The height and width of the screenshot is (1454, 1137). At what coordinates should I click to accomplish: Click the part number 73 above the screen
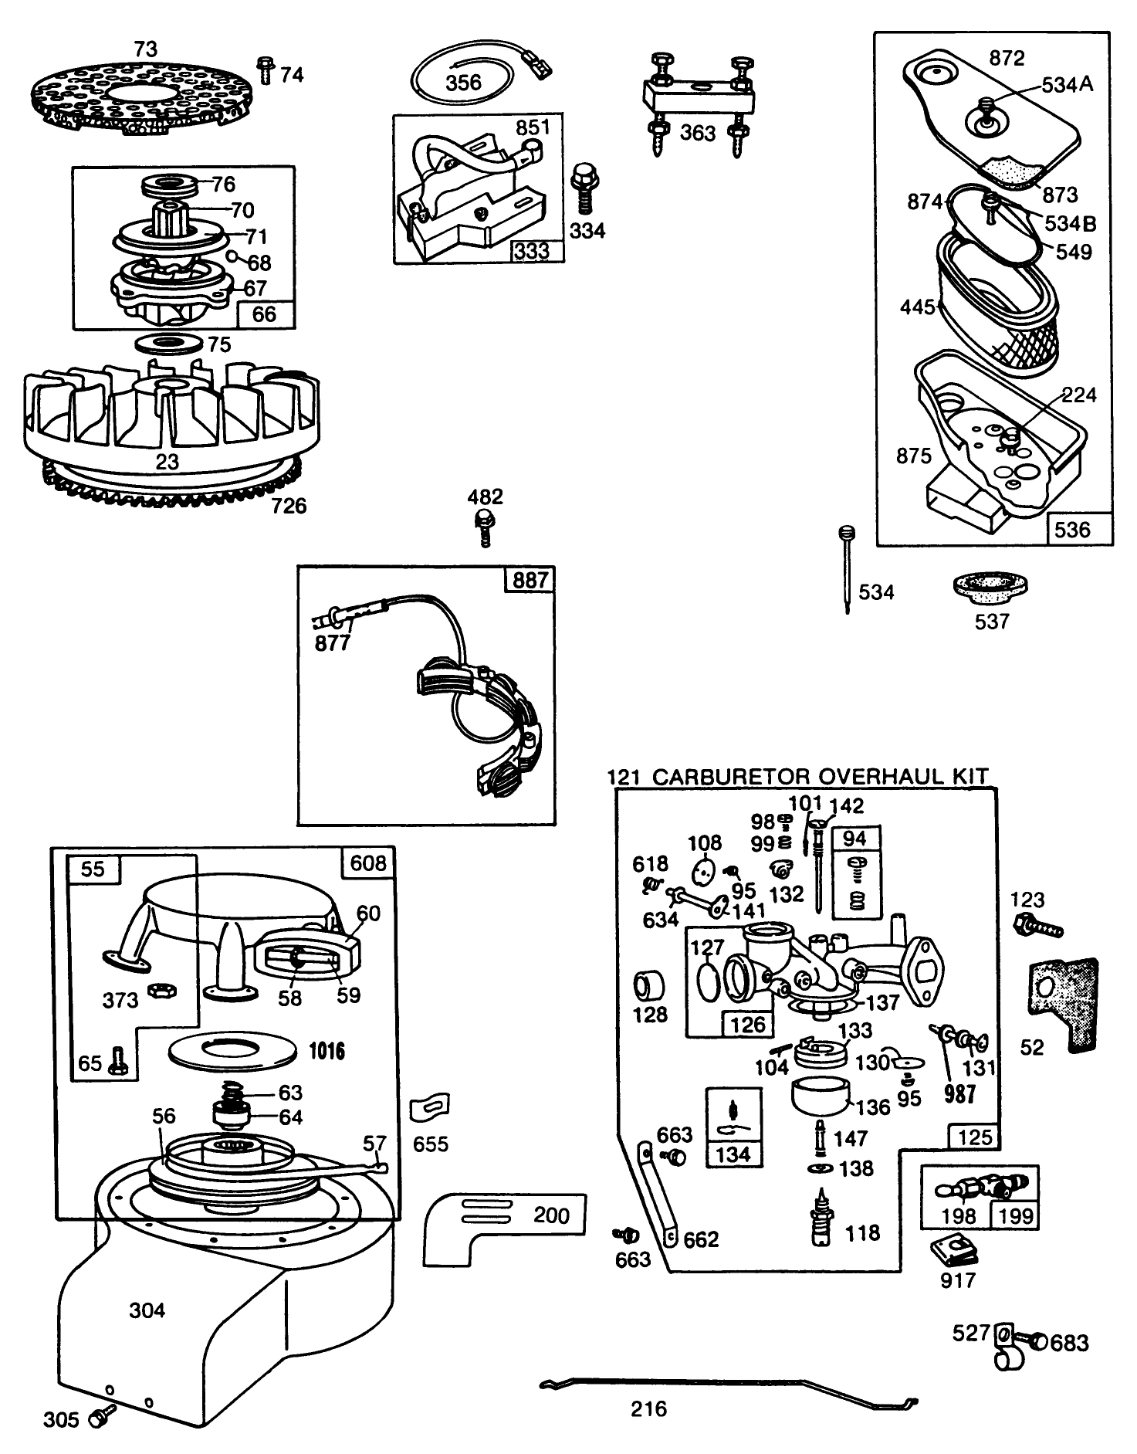pyautogui.click(x=145, y=49)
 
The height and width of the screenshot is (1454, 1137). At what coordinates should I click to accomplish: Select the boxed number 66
pyautogui.click(x=264, y=314)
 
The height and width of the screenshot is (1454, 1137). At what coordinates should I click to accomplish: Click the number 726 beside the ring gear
pyautogui.click(x=289, y=506)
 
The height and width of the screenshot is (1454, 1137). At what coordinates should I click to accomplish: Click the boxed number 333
pyautogui.click(x=533, y=251)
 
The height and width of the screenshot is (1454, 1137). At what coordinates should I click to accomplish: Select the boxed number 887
pyautogui.click(x=530, y=579)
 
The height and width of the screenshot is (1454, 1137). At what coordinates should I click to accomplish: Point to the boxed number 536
pyautogui.click(x=1073, y=529)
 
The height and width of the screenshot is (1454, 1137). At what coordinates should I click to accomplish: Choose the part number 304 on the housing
pyautogui.click(x=147, y=1310)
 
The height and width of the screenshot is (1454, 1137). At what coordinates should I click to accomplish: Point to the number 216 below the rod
pyautogui.click(x=648, y=1409)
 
